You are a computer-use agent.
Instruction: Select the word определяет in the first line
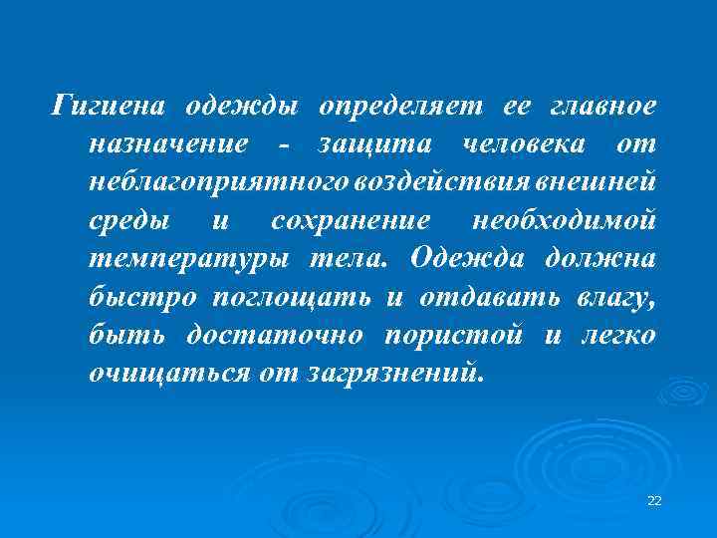[398, 105]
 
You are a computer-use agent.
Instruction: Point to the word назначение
[167, 143]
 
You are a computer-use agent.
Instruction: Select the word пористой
[454, 335]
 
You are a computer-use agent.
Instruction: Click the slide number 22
[654, 499]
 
